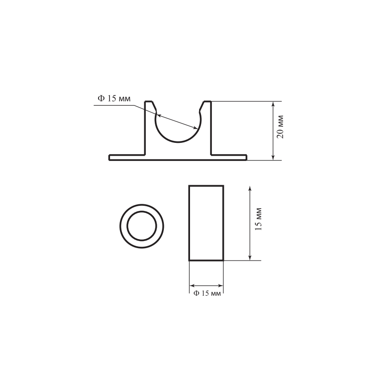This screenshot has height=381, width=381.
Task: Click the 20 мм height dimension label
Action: coord(281,127)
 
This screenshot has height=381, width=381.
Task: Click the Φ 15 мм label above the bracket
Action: coord(114,99)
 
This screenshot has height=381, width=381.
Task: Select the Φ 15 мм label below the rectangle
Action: coord(207,293)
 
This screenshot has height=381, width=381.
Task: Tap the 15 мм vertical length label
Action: coord(259,219)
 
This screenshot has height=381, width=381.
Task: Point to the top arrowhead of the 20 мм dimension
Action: coord(273,104)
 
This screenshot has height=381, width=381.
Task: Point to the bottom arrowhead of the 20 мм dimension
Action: coord(273,157)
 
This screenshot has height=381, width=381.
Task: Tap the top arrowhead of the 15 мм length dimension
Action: coord(250,189)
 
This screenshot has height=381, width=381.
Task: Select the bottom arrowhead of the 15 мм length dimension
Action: coord(250,257)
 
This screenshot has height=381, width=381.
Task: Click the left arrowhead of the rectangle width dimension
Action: coord(192,286)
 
